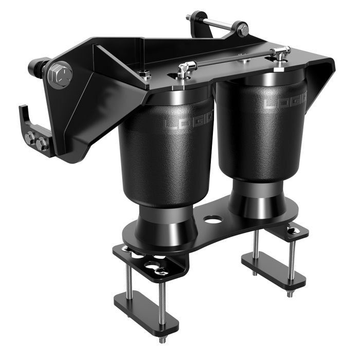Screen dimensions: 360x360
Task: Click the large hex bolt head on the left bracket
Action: click(60, 76)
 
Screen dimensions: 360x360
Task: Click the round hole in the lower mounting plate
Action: click(213, 220)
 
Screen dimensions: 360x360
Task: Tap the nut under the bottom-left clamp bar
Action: click(163, 340)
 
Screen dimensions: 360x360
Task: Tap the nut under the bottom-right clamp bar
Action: click(289, 294)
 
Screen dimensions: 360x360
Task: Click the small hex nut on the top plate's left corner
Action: click(146, 74)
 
